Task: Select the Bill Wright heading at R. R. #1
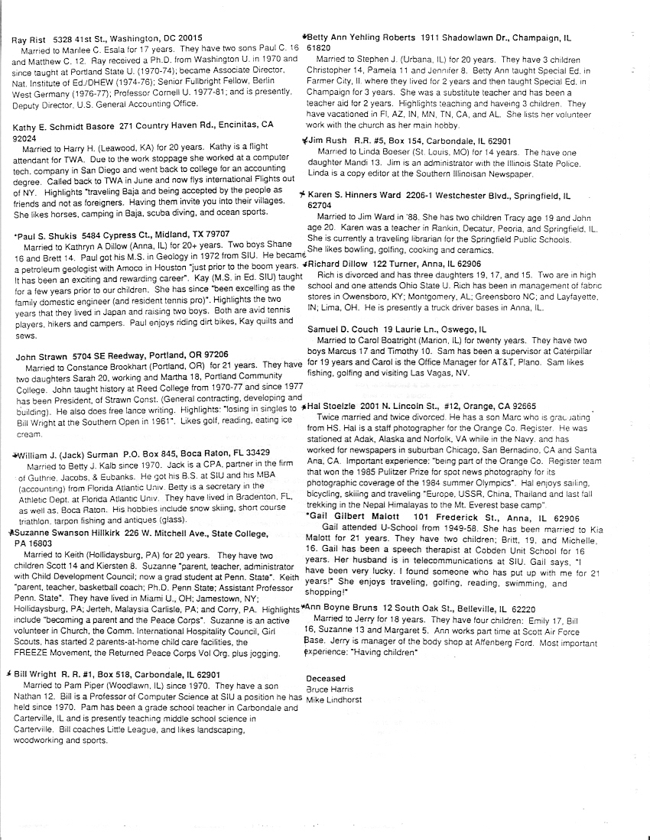42,675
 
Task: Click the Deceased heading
326,678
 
